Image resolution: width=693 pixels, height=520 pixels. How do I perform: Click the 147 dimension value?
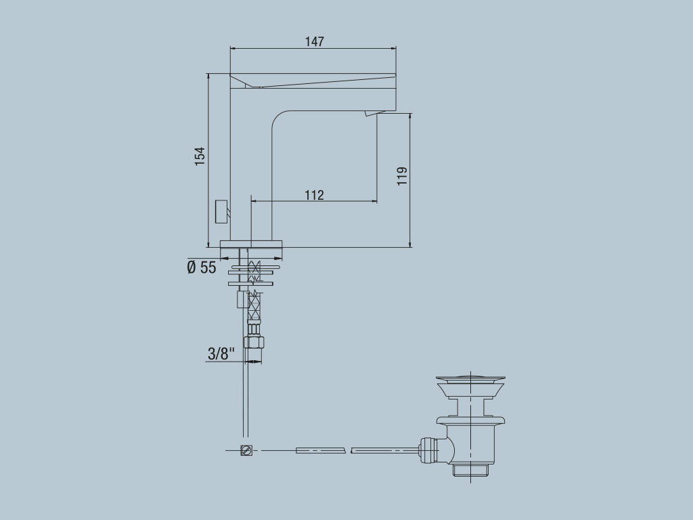click(x=314, y=41)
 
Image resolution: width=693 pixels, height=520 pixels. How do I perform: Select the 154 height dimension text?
click(x=200, y=156)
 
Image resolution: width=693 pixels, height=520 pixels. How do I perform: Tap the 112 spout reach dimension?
click(x=314, y=195)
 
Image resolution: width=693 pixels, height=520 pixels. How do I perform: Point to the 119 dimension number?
click(x=402, y=176)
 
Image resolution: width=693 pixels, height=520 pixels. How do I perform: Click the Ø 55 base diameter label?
click(x=202, y=267)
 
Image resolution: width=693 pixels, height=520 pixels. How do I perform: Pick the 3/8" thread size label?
click(x=221, y=353)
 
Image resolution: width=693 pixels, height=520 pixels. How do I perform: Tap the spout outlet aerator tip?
click(x=370, y=114)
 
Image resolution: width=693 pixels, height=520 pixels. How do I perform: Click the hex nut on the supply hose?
click(x=254, y=342)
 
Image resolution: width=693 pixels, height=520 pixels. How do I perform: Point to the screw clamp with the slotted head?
click(x=247, y=450)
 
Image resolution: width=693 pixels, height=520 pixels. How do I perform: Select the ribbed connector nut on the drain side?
click(x=428, y=449)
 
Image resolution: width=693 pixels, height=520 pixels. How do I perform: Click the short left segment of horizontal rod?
click(x=321, y=450)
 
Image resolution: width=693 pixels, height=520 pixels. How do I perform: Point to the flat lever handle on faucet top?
click(x=311, y=79)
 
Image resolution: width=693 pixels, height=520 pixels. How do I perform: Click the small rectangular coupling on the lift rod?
click(x=241, y=299)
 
